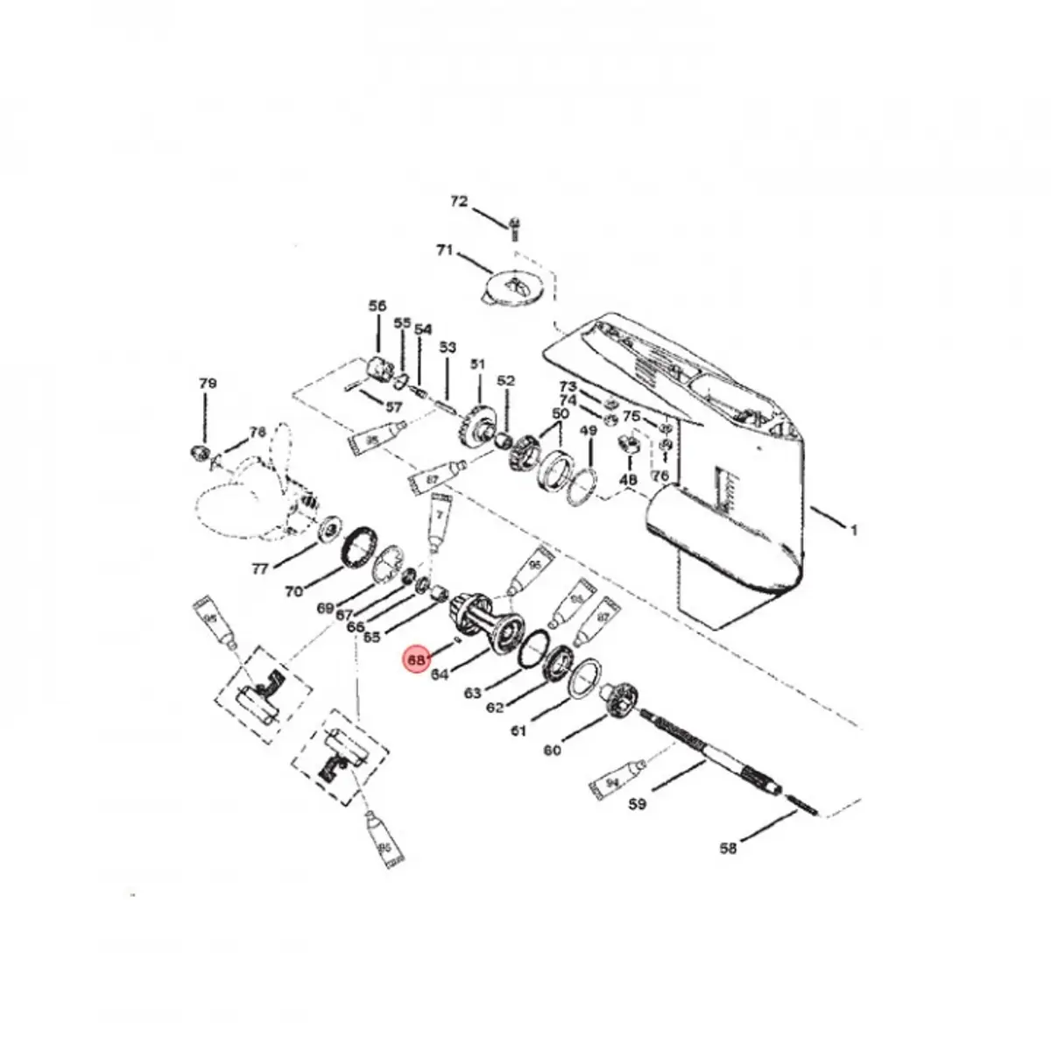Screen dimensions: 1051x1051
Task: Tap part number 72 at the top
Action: point(459,201)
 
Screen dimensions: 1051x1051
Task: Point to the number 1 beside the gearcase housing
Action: point(854,529)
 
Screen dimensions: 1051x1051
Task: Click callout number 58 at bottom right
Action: point(728,847)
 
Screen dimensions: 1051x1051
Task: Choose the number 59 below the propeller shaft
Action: point(638,803)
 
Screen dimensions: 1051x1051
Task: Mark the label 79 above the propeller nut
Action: point(207,384)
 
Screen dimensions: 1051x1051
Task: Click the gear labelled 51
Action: point(476,427)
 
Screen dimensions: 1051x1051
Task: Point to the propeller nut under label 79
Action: point(199,452)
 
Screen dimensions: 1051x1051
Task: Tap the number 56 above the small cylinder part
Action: point(377,306)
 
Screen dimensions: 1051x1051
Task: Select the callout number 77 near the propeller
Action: point(260,569)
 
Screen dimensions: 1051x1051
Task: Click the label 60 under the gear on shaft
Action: point(552,751)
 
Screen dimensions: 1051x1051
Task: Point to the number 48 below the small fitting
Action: point(628,480)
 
